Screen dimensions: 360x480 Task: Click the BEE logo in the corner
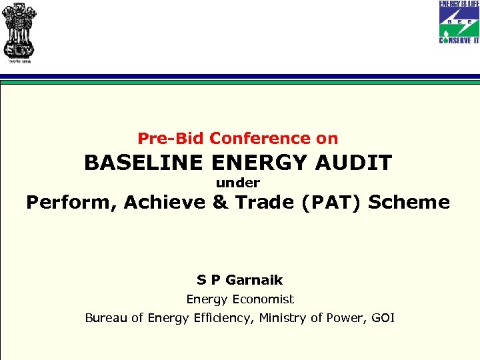pyautogui.click(x=459, y=22)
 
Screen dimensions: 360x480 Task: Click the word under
pyautogui.click(x=237, y=183)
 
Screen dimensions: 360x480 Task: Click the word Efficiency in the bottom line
pyautogui.click(x=223, y=318)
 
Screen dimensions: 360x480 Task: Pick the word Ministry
pyautogui.click(x=283, y=318)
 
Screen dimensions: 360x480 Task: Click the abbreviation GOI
pyautogui.click(x=383, y=318)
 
